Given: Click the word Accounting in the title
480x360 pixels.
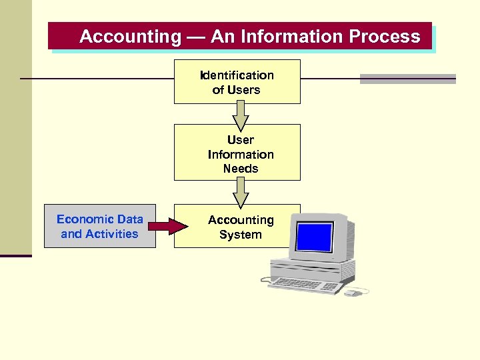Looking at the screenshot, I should (130, 37).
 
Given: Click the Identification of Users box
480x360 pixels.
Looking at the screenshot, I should (237, 82).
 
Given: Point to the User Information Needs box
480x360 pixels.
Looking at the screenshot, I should (237, 153).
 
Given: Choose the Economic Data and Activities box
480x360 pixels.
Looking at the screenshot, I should (100, 227).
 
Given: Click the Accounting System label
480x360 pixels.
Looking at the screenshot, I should (240, 227).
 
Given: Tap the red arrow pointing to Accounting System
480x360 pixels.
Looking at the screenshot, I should (169, 227).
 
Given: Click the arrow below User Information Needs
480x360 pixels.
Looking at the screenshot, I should (240, 194).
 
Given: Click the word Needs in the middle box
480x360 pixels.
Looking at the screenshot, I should (240, 169).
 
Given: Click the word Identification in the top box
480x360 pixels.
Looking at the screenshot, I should (237, 75).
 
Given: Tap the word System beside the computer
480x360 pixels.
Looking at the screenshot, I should (240, 235).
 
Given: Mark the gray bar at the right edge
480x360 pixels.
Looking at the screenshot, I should (407, 79).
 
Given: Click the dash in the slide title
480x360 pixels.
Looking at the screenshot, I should (196, 37).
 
